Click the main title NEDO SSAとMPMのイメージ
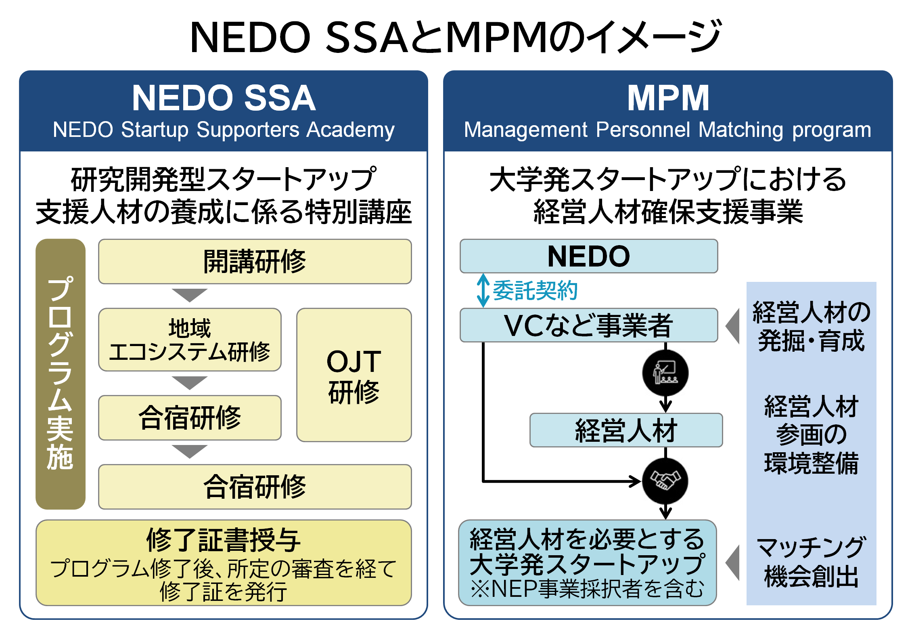click(x=455, y=37)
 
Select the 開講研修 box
click(x=255, y=262)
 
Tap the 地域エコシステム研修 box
click(x=190, y=340)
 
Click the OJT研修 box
click(x=354, y=375)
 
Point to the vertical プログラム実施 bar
click(x=61, y=374)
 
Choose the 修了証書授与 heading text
click(x=223, y=540)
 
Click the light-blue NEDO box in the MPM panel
click(x=588, y=256)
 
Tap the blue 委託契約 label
click(x=535, y=290)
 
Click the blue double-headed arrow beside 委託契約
click(x=483, y=291)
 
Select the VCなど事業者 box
click(x=588, y=325)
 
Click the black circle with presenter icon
click(x=665, y=373)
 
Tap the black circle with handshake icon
click(x=665, y=481)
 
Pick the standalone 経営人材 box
click(x=626, y=430)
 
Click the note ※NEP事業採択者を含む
click(x=588, y=589)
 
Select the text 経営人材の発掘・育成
click(x=811, y=326)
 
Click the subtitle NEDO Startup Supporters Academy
click(x=224, y=130)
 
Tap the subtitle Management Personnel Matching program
click(x=667, y=130)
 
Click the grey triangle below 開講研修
click(x=189, y=295)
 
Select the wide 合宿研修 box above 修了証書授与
click(x=255, y=487)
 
